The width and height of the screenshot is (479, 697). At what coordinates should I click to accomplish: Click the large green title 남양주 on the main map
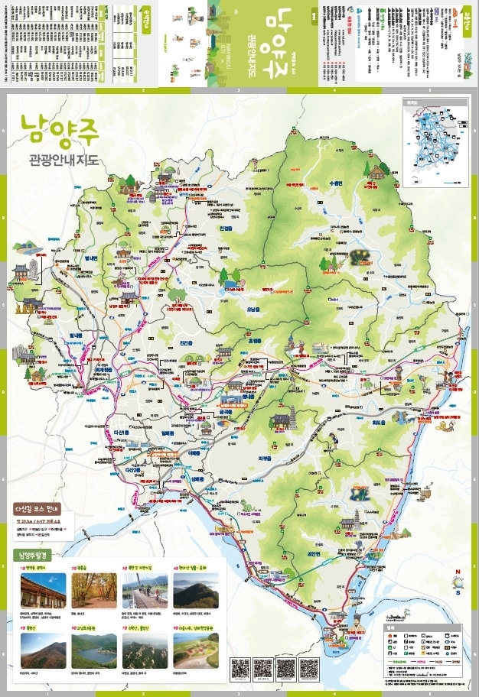pyautogui.click(x=55, y=129)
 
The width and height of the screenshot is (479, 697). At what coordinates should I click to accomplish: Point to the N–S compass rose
pyautogui.click(x=458, y=582)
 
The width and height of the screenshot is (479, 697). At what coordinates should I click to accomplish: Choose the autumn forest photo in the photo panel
pyautogui.click(x=94, y=590)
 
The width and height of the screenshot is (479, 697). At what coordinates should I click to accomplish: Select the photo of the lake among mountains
pyautogui.click(x=94, y=650)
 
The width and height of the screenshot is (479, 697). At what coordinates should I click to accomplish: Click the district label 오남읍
pyautogui.click(x=253, y=310)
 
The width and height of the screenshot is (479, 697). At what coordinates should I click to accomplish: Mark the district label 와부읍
pyautogui.click(x=265, y=459)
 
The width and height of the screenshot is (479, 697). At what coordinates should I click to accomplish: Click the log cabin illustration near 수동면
pyautogui.click(x=373, y=173)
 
